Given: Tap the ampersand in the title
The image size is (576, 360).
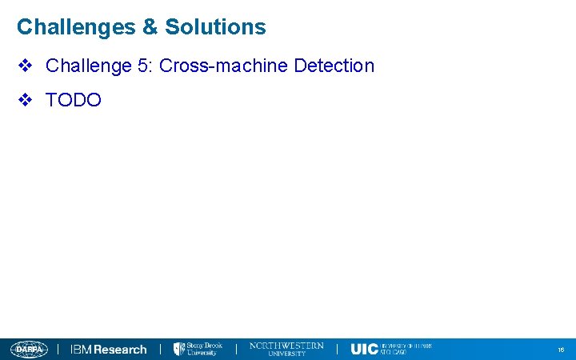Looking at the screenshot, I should coord(150,27).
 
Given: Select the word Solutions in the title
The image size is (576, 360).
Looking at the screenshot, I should coord(215,27).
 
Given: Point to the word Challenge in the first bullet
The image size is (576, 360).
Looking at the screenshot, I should coord(89,66).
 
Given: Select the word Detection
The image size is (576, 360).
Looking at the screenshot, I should coord(334,66).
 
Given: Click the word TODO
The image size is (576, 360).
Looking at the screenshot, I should coord(74,100).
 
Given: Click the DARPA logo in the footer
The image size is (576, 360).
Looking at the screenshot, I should coord(29,350).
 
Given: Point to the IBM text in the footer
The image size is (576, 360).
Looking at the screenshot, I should coord(81,350).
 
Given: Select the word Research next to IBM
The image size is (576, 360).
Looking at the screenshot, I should coord(121,350).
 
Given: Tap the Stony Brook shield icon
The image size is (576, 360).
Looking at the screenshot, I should coord(179,350).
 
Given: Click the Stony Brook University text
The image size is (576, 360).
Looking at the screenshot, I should coord(204,350).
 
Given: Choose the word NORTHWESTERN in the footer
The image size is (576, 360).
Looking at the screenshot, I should coord(286,346).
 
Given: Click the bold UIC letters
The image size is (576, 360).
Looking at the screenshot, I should coord(364,350).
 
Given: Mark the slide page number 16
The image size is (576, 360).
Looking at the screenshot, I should coord(561,350).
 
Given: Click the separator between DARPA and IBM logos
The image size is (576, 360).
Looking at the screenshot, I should coord(58,350).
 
